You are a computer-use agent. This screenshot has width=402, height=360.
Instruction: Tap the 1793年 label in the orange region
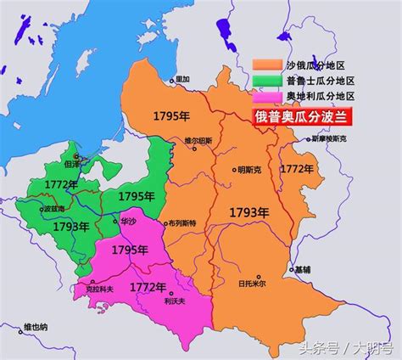point(248,208)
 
